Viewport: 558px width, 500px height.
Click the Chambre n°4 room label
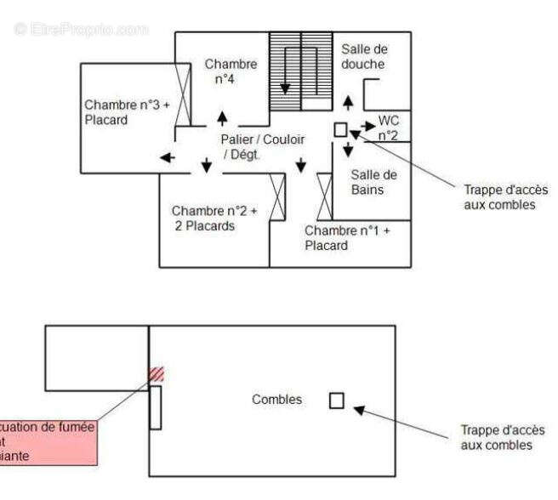tap(230, 71)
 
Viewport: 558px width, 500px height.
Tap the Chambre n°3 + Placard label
tap(126, 112)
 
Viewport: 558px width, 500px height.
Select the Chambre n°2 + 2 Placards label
tap(214, 219)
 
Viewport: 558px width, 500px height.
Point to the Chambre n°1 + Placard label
tap(347, 238)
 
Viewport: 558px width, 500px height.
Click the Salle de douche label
tap(363, 57)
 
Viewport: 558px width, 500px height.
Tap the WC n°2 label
tap(389, 128)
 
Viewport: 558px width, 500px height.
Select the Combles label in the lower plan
tap(276, 399)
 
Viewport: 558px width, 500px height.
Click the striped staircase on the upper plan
tap(300, 71)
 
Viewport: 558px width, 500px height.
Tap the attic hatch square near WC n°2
tap(340, 129)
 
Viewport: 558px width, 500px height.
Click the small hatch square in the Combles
tap(337, 400)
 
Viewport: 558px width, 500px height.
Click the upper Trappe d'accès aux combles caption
tap(505, 197)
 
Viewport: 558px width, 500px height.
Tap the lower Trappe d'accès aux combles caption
tap(503, 438)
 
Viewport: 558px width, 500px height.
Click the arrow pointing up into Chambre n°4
tap(222, 117)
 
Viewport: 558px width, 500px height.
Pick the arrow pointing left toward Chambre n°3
tap(167, 157)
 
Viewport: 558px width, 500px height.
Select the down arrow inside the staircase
tap(286, 87)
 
